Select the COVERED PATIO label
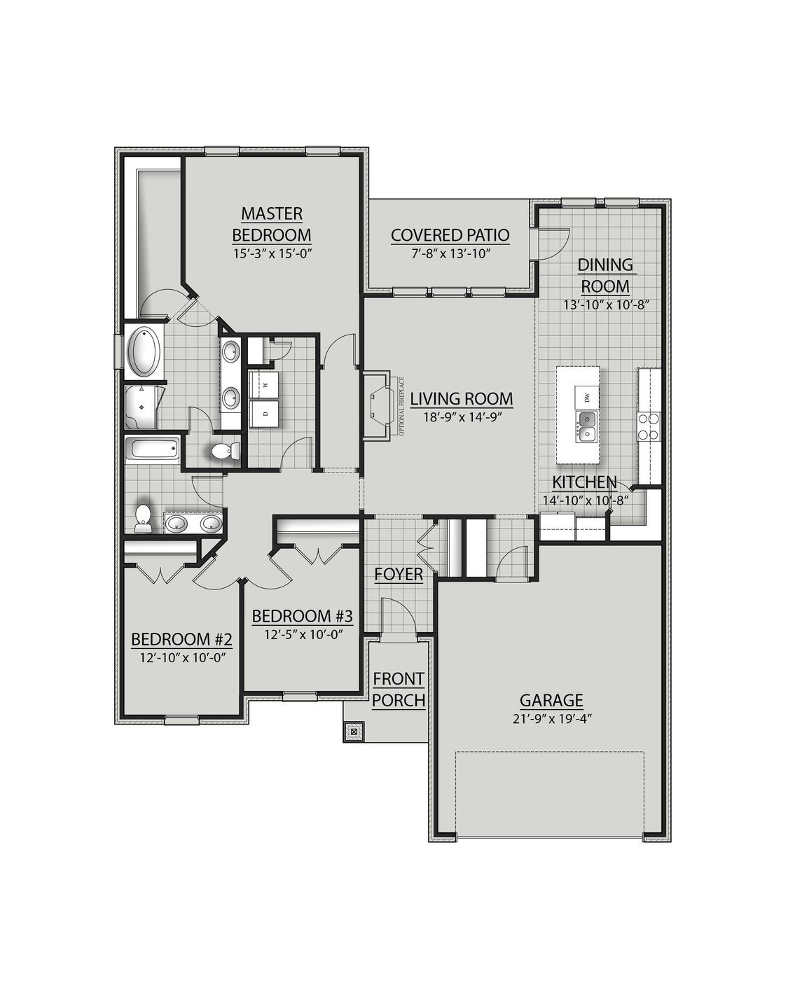pos(450,235)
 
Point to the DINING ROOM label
pos(605,275)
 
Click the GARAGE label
pos(551,700)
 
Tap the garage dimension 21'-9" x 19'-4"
pos(551,718)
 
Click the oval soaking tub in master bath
pos(144,350)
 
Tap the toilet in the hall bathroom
pos(143,517)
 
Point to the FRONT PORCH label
pos(399,689)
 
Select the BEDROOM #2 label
pos(181,639)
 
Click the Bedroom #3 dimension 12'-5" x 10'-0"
pos(301,635)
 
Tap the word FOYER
pos(399,575)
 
